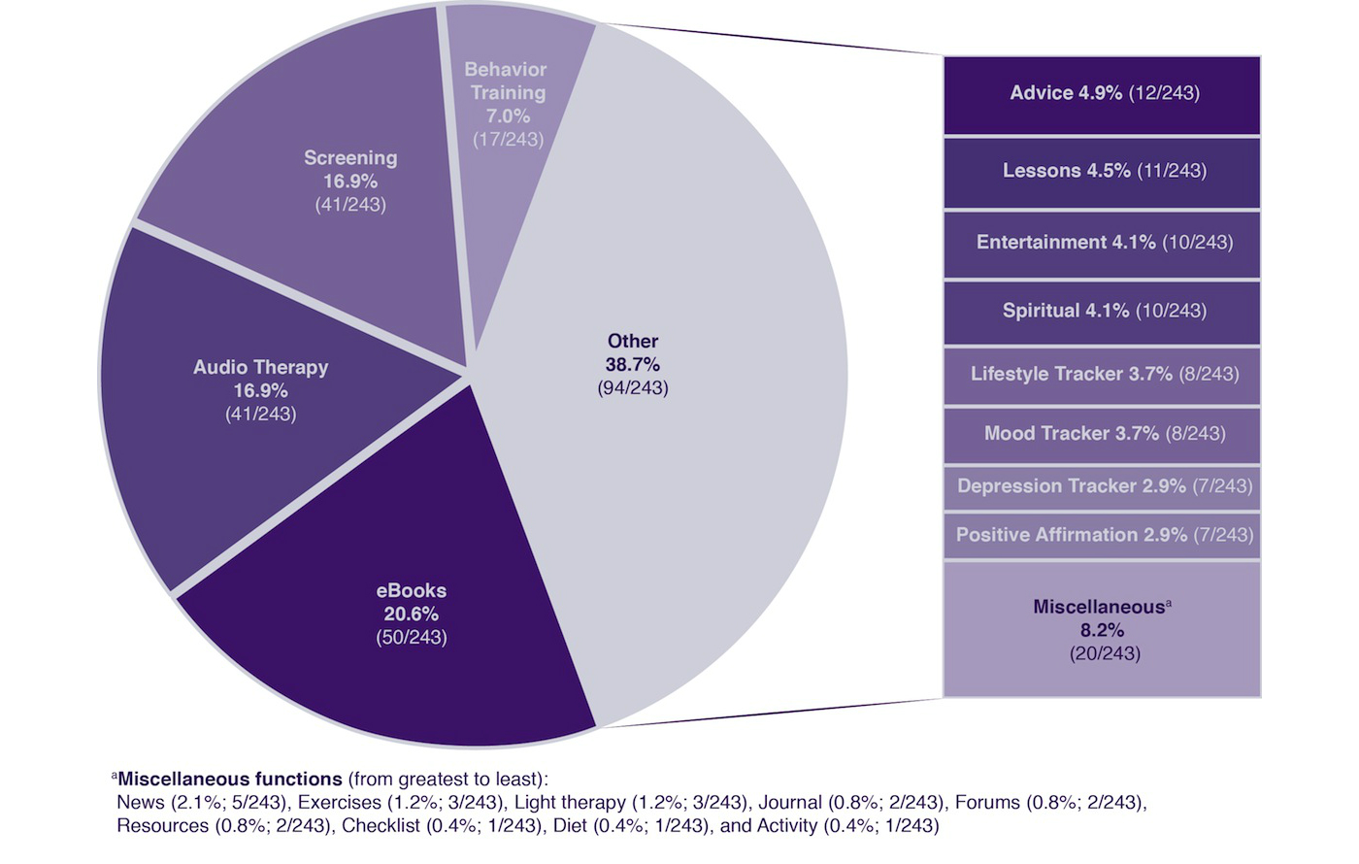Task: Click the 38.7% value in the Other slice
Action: click(x=633, y=365)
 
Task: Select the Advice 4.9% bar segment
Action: click(x=1102, y=94)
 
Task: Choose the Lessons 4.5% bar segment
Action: click(x=1102, y=172)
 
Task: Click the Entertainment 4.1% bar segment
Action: click(x=1102, y=243)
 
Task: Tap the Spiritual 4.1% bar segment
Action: click(x=1102, y=312)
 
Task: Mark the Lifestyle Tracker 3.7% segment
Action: click(x=1102, y=375)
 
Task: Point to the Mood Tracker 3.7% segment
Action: click(x=1102, y=434)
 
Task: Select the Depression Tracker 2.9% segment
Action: click(x=1102, y=486)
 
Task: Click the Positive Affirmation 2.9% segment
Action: click(x=1102, y=535)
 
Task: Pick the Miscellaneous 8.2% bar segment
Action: click(x=1102, y=629)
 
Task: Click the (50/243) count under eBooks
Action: click(x=412, y=638)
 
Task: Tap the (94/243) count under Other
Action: click(x=633, y=388)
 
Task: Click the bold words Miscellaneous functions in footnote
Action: click(x=230, y=779)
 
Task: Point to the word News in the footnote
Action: click(x=141, y=803)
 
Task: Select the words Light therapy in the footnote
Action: click(x=570, y=803)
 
